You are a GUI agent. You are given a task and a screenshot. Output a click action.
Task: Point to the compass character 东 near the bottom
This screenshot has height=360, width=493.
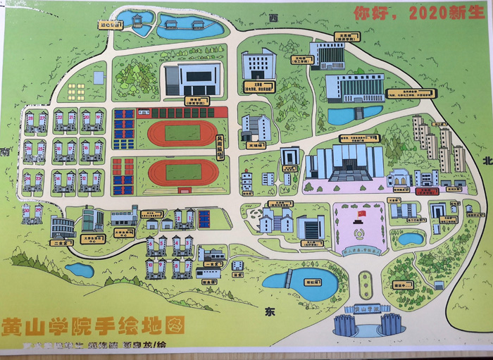tap(269, 311)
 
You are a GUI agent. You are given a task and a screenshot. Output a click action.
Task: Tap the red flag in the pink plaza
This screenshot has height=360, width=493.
tap(362, 213)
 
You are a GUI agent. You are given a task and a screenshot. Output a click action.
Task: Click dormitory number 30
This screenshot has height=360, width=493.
tap(26, 209)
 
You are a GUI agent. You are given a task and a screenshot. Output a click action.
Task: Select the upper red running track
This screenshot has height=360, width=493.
tap(182, 132)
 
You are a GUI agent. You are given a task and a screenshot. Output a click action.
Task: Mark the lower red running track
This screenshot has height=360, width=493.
tap(182, 170)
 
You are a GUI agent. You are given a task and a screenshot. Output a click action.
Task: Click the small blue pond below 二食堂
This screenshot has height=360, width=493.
tap(80, 270)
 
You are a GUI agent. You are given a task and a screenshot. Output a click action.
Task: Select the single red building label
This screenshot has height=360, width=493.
tap(424, 191)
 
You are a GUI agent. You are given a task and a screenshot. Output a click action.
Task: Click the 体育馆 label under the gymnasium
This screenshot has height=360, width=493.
tap(191, 100)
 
